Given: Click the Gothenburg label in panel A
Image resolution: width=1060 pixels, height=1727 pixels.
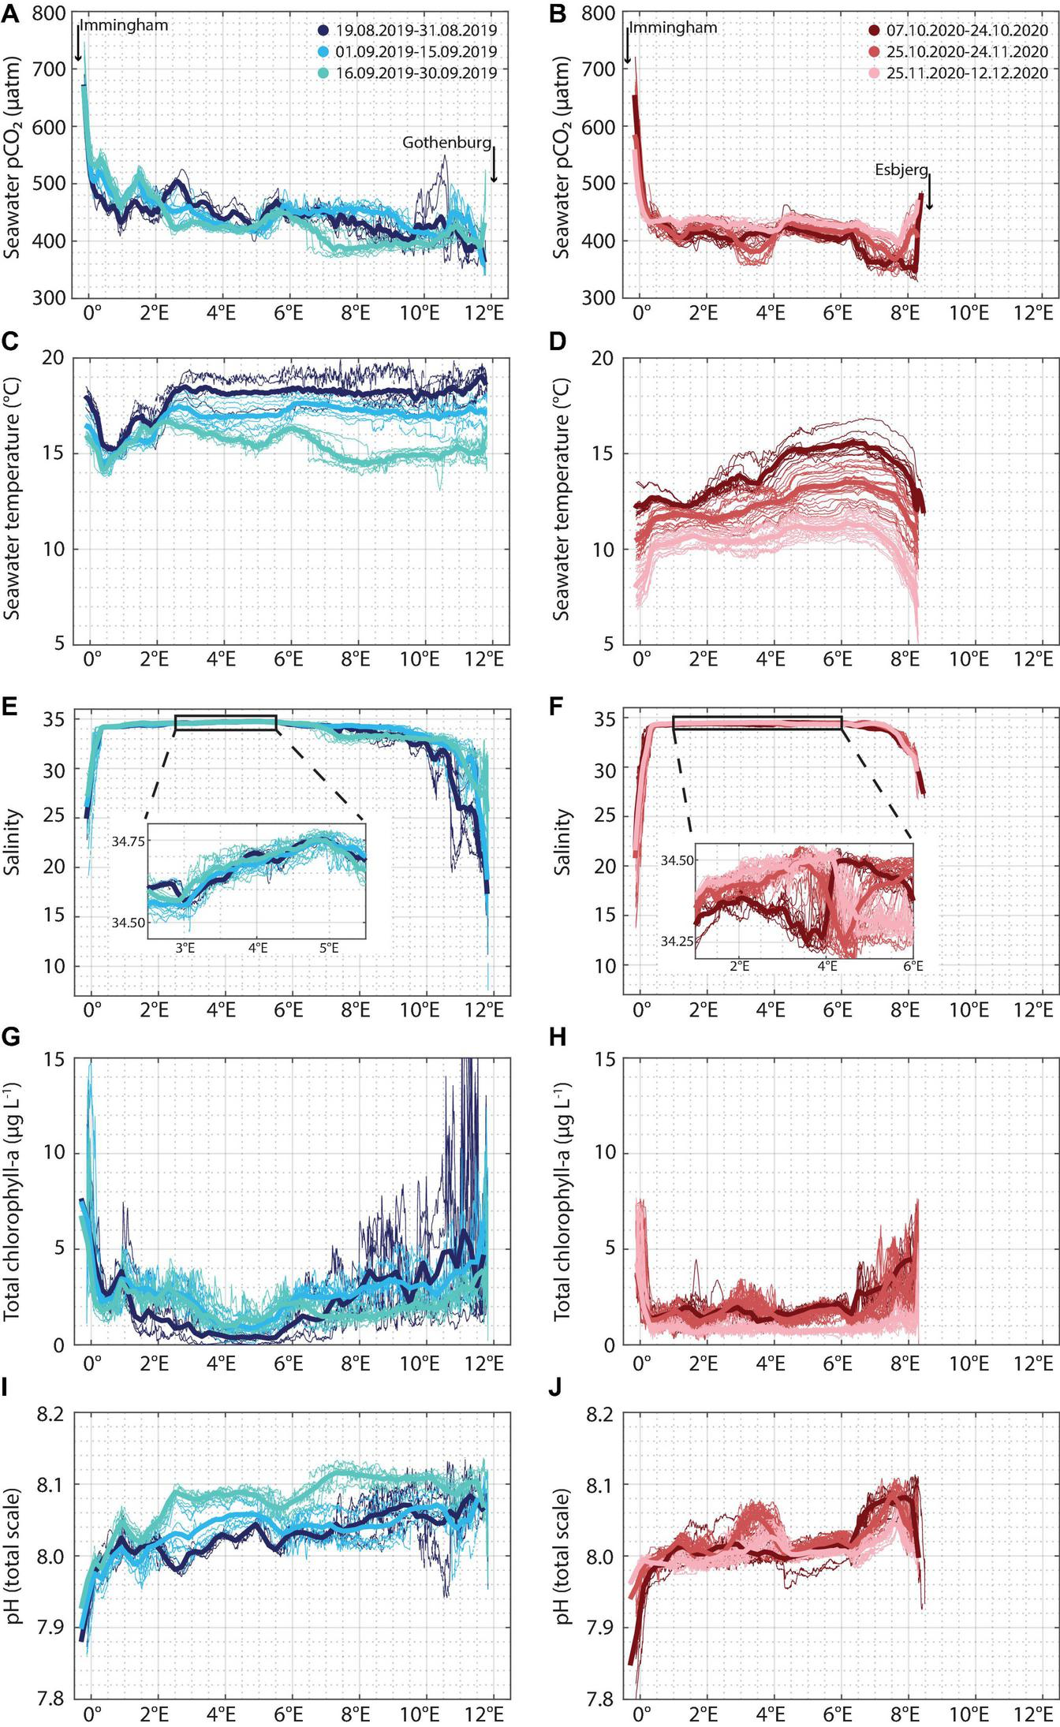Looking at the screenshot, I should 446,143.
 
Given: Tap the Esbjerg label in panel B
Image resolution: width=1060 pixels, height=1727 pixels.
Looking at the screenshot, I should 901,170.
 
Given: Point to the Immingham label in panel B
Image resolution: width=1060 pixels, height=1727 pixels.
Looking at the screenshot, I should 674,28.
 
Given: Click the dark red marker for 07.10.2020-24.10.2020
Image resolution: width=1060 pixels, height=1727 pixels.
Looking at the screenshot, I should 874,31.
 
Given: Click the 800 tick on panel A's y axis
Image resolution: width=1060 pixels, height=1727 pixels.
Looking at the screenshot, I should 50,13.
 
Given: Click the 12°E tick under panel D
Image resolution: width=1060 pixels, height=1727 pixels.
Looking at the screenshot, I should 1033,658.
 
